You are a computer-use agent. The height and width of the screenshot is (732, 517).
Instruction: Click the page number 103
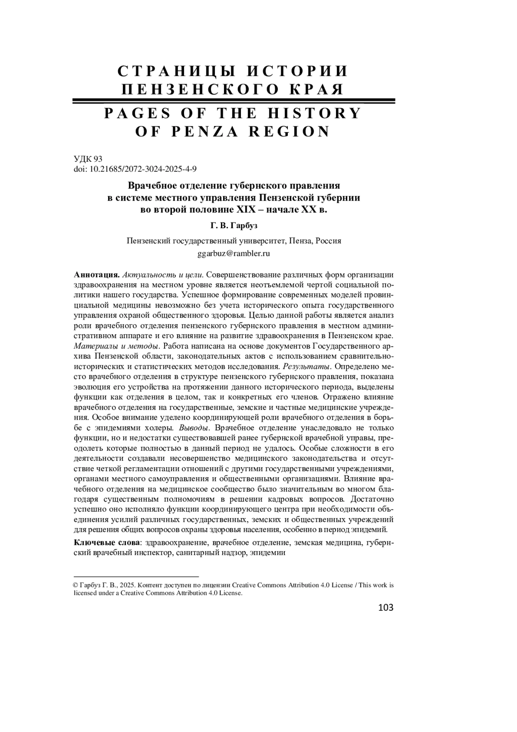[x=385, y=608]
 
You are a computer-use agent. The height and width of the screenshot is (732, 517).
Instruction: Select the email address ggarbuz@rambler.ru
[x=234, y=254]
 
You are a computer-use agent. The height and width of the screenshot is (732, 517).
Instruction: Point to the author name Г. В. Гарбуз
[x=234, y=226]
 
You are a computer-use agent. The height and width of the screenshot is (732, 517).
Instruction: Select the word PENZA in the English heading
[x=205, y=131]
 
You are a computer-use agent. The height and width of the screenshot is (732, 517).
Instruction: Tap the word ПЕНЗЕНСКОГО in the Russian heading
[x=195, y=89]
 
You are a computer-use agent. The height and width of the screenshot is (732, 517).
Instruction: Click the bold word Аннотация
[x=97, y=275]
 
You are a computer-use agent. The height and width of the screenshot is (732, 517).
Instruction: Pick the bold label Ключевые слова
[x=107, y=543]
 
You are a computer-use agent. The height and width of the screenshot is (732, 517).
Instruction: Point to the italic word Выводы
[x=194, y=428]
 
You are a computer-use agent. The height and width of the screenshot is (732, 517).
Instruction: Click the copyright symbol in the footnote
[x=77, y=585]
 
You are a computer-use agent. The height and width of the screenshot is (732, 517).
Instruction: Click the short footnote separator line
[x=136, y=576]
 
